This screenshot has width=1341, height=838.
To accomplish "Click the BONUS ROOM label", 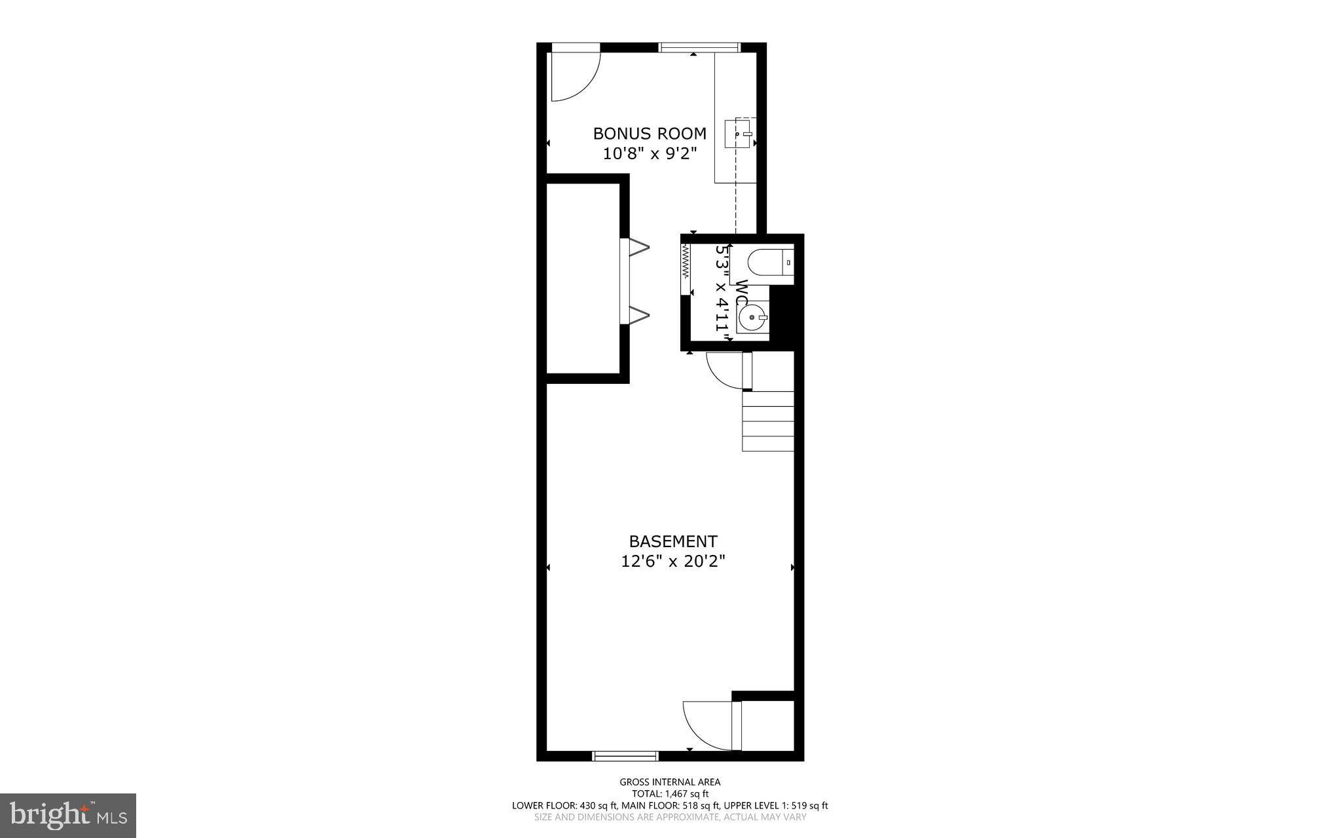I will coord(650,134).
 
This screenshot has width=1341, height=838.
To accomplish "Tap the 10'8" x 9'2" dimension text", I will coord(650,154).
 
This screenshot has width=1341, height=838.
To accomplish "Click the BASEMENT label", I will coord(673,541).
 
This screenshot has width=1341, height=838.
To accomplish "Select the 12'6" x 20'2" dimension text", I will coord(673,562).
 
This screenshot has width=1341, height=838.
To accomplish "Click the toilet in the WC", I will coord(770,263).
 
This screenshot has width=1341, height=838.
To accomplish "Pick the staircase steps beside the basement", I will coord(767,421).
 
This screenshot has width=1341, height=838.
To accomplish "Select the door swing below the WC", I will coord(726,370).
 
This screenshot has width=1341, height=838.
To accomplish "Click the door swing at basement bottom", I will coord(708,725).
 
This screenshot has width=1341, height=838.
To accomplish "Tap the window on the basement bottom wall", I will coord(625,755).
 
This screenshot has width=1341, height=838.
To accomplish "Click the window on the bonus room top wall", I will coord(699,47).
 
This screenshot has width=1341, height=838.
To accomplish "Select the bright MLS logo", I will coord(68,815).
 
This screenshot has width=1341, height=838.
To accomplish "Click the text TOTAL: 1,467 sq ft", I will coord(670,793).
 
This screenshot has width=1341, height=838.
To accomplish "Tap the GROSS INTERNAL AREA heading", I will coord(670,782).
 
